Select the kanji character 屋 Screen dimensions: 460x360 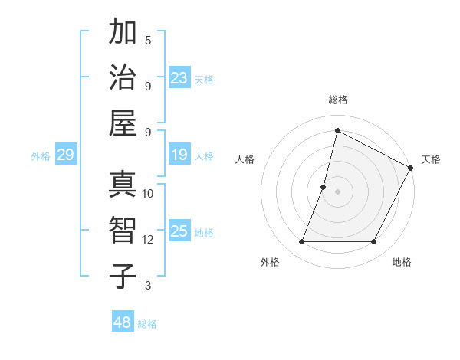(123, 122)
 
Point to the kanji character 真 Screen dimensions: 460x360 (123, 185)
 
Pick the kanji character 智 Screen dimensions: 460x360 (123, 230)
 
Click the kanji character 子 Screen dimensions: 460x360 (123, 275)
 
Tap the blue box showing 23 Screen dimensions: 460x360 (179, 77)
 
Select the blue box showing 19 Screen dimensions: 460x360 (179, 155)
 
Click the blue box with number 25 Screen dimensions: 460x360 (179, 231)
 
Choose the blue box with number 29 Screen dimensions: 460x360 (65, 155)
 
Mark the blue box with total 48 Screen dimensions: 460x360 (123, 322)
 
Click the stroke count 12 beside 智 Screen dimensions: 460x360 (148, 240)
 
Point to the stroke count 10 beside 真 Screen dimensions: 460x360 (148, 194)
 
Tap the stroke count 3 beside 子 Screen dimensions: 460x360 (148, 286)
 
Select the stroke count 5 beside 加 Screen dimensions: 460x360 (148, 40)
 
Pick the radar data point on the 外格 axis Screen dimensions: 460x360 (301, 242)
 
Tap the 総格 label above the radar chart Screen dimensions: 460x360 (337, 100)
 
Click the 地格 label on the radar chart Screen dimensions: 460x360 (402, 262)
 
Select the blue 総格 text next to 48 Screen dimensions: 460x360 (147, 324)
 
